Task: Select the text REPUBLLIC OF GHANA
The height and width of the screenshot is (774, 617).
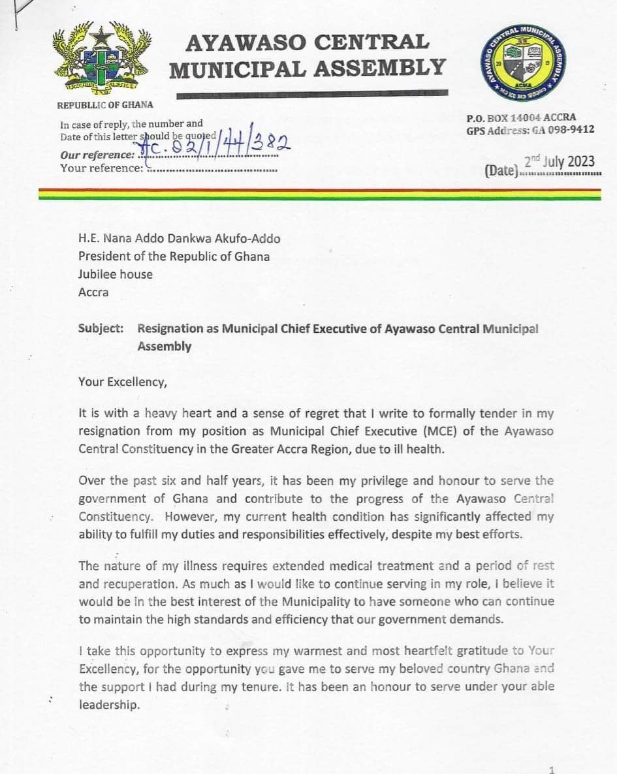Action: click(105, 104)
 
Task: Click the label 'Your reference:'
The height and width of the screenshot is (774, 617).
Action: click(101, 168)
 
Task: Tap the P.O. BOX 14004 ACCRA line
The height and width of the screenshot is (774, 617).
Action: click(521, 118)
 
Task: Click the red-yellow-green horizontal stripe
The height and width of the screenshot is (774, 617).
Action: click(319, 194)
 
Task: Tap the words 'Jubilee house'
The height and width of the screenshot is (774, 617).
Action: click(115, 274)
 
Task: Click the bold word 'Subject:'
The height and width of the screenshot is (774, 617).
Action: click(101, 328)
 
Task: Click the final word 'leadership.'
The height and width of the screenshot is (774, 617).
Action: click(109, 705)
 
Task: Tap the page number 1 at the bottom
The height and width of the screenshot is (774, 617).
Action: click(552, 769)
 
